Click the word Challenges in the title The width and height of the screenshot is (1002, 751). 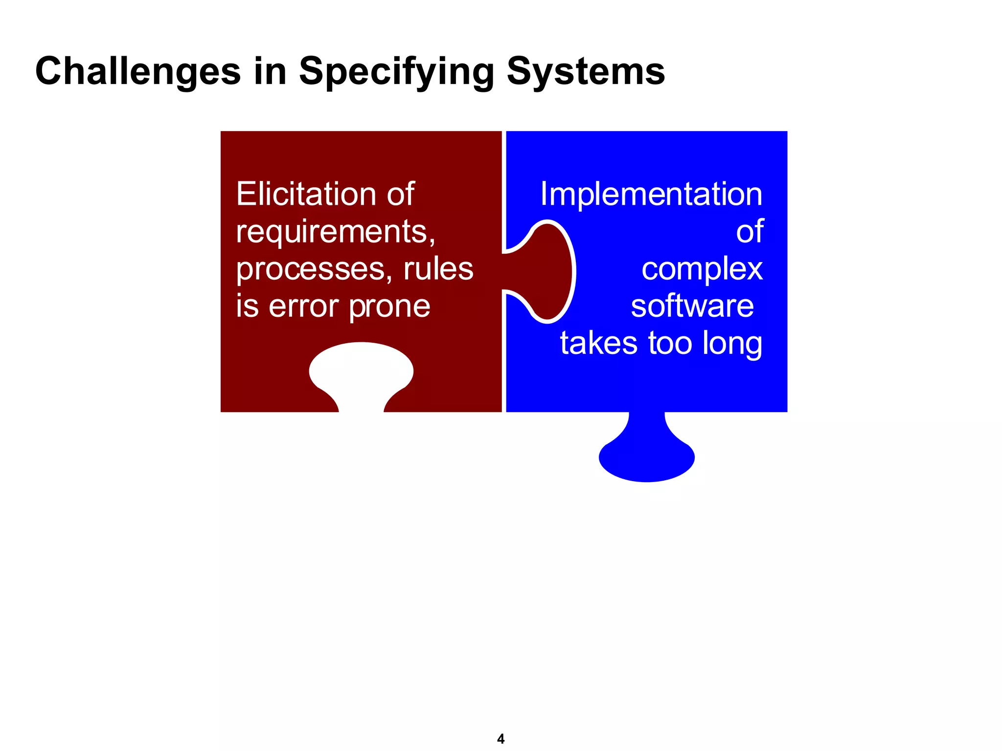(138, 71)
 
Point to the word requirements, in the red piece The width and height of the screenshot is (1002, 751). (336, 232)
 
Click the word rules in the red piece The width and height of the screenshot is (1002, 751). (438, 269)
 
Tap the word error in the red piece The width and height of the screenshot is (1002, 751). (304, 307)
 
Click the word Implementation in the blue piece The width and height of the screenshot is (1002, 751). (651, 194)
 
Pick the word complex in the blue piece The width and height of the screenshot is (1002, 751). (702, 270)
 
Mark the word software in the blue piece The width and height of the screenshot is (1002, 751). (692, 307)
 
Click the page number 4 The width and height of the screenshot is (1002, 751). (501, 738)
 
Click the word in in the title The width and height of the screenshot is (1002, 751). (270, 71)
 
